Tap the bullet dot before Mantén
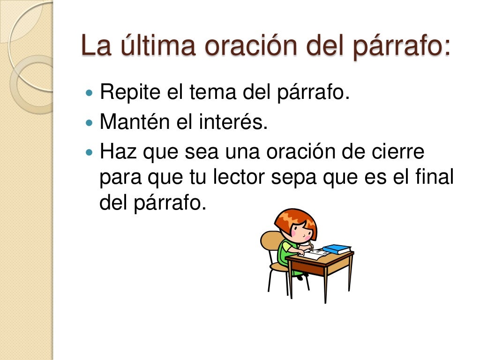coord(90,123)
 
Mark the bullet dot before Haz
coord(90,153)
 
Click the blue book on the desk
coord(337,249)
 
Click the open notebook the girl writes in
coord(315,254)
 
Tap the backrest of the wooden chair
coord(270,241)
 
